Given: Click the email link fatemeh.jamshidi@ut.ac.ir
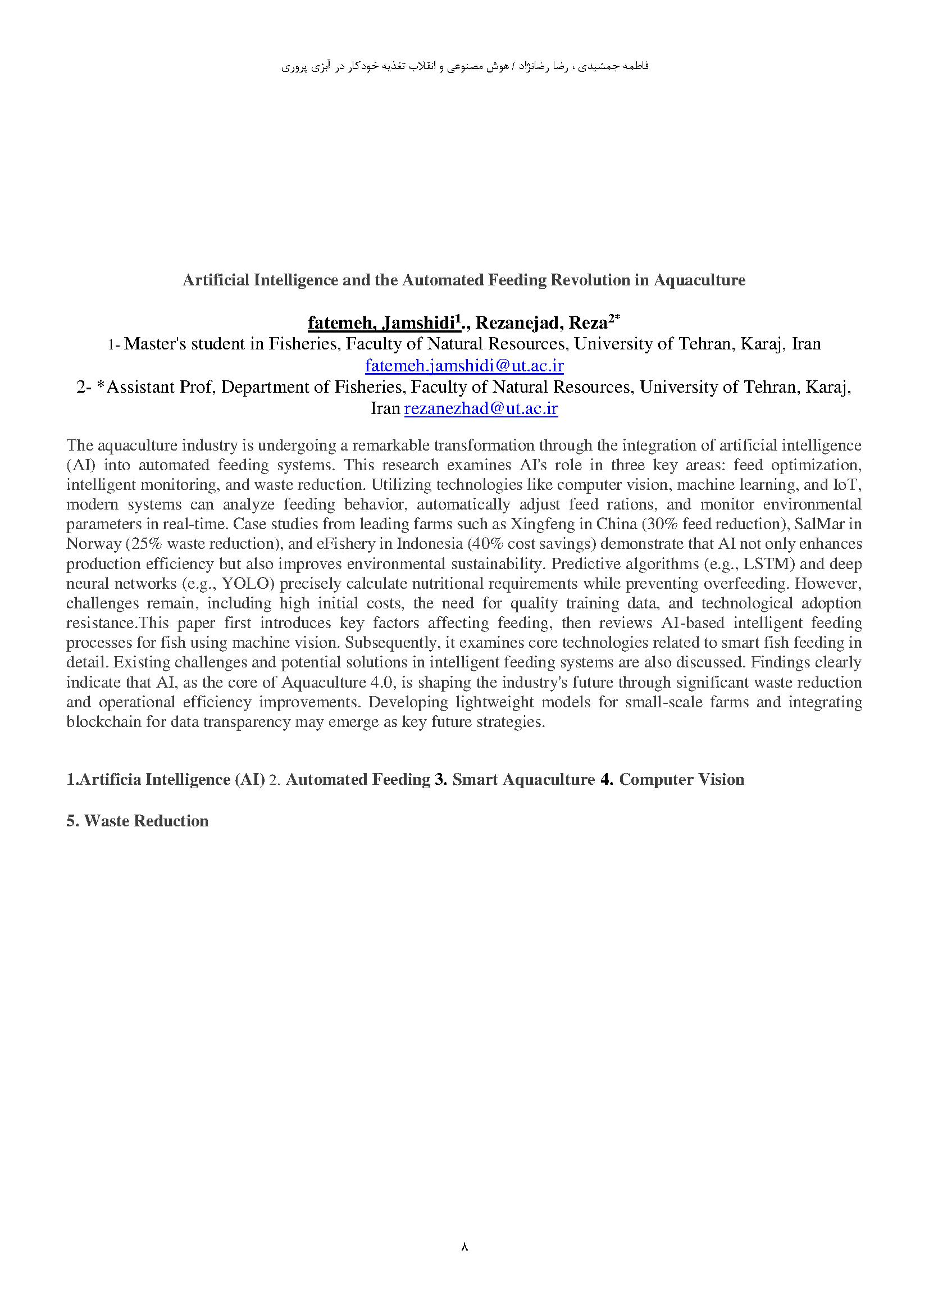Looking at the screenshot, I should (x=464, y=365).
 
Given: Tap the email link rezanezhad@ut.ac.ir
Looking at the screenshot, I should (x=481, y=408).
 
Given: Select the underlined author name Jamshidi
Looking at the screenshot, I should (x=421, y=324).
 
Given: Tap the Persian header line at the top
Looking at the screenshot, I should (x=464, y=67).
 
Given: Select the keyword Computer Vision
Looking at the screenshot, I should (x=681, y=780).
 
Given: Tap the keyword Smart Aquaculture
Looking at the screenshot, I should (x=523, y=780).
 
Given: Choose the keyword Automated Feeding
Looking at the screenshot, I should (x=358, y=780).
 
